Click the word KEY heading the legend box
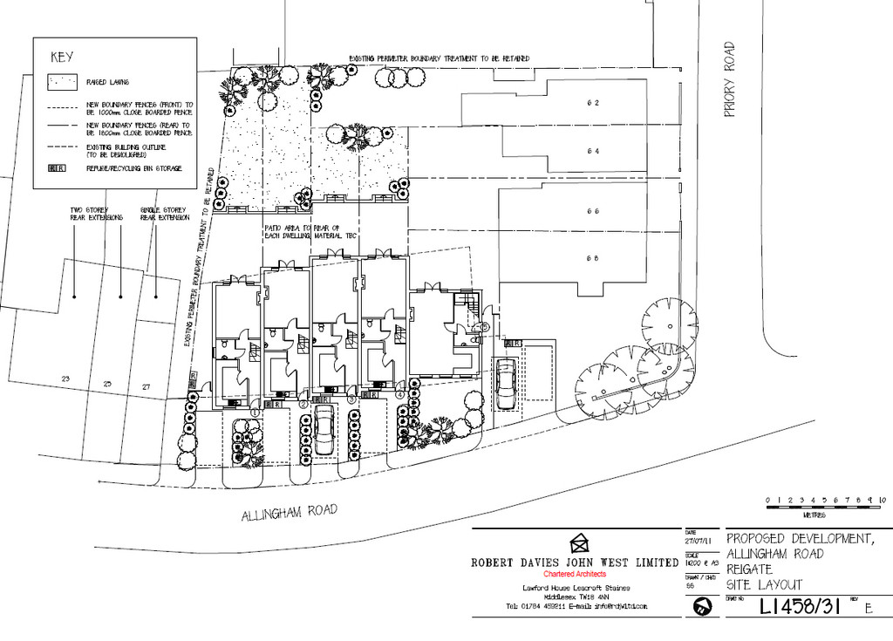tap(62, 58)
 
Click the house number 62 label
tap(593, 102)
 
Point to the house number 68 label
tap(593, 257)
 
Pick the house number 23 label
tap(65, 378)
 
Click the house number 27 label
tap(146, 384)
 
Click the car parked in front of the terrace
tap(324, 430)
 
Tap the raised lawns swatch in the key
tap(61, 83)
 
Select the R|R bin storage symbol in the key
tap(57, 167)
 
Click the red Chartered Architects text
tap(574, 575)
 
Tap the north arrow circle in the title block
tap(702, 610)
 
